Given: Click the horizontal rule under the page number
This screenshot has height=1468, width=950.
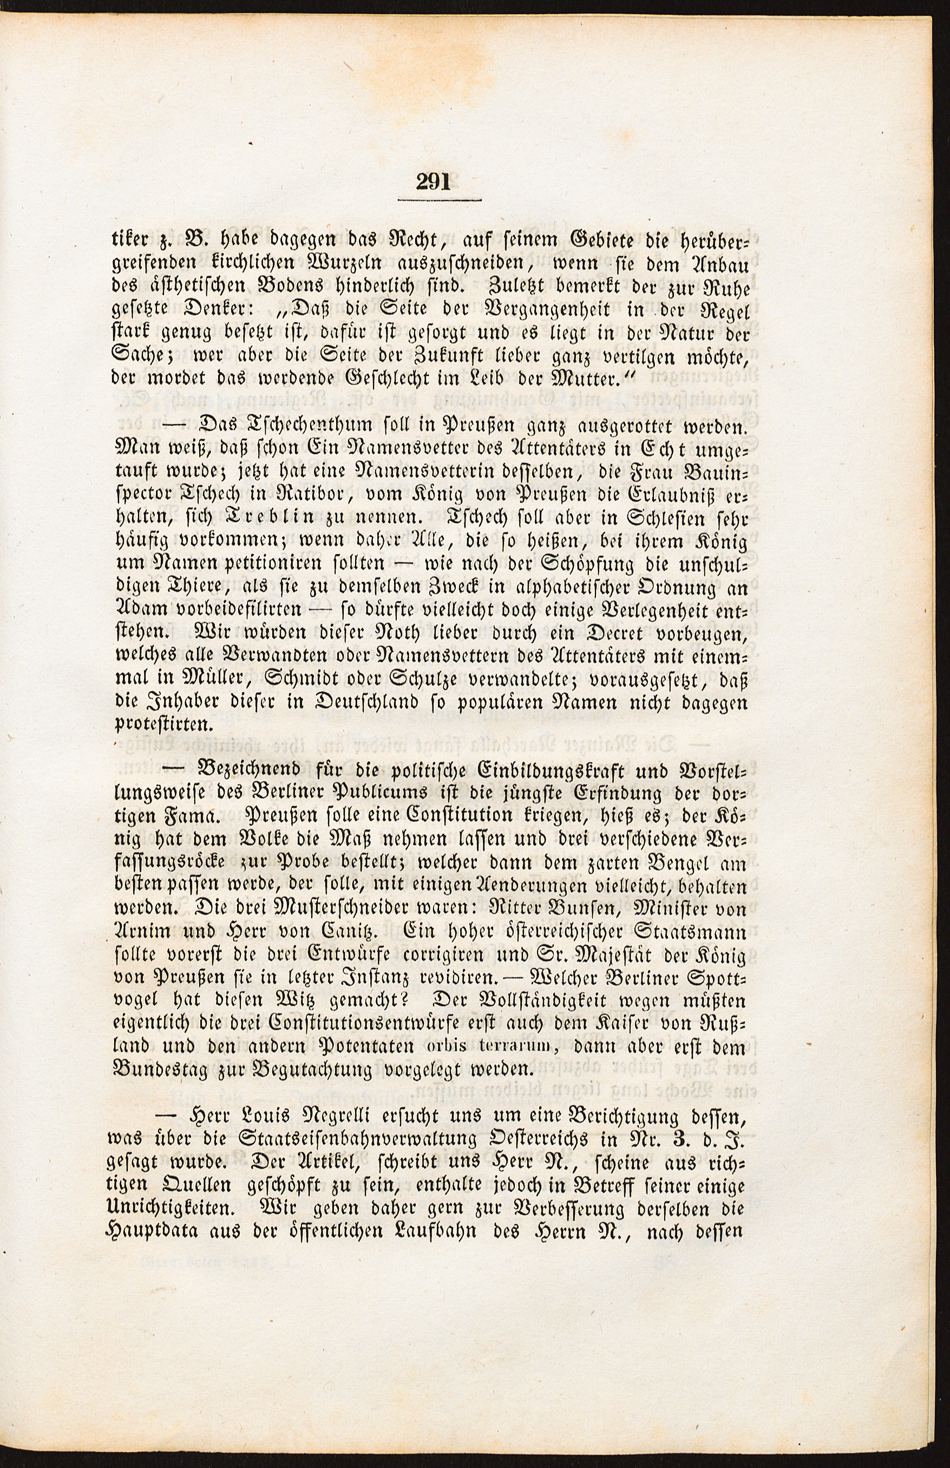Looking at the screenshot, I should [439, 200].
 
